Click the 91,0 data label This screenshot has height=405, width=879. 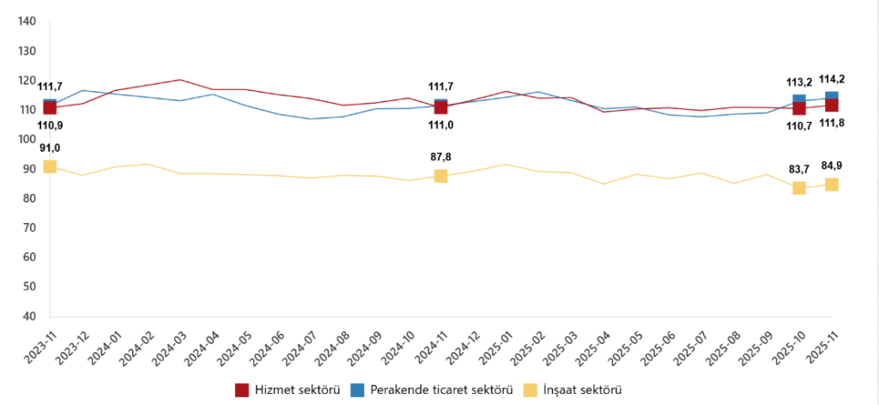49,148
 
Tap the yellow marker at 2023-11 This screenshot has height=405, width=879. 50,166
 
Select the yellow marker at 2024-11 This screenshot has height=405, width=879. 440,175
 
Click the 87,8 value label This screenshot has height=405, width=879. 440,157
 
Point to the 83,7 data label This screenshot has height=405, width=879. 799,170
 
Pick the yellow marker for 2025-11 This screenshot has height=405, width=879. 832,184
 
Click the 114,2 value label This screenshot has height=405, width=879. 832,79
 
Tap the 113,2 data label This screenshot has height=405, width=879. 799,83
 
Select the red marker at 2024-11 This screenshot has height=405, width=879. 440,107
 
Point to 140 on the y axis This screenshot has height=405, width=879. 26,21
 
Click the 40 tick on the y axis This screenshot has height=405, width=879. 29,317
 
